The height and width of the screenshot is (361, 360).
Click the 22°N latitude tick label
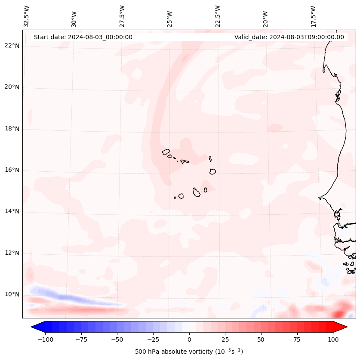pyautogui.click(x=12, y=46)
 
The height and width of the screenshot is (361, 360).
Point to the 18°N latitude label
pyautogui.click(x=12, y=129)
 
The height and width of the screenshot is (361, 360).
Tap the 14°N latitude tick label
pyautogui.click(x=12, y=211)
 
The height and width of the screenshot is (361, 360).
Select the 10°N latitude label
pyautogui.click(x=12, y=294)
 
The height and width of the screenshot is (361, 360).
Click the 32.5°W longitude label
pyautogui.click(x=27, y=16)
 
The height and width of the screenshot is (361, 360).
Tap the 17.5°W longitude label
pyautogui.click(x=313, y=16)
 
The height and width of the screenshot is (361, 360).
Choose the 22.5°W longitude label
pyautogui.click(x=218, y=16)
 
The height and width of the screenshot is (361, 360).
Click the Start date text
pyautogui.click(x=83, y=37)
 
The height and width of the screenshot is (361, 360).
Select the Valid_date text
pyautogui.click(x=289, y=37)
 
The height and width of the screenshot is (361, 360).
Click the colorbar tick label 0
pyautogui.click(x=189, y=339)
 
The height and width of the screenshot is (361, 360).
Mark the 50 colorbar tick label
pyautogui.click(x=261, y=339)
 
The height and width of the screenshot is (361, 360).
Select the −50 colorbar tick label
pyautogui.click(x=116, y=339)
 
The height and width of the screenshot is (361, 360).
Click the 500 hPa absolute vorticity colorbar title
pyautogui.click(x=189, y=352)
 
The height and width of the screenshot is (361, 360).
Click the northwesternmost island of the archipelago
pyautogui.click(x=166, y=151)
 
